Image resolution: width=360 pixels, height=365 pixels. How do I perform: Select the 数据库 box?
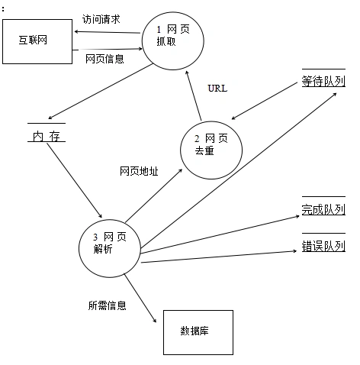[x=198, y=331]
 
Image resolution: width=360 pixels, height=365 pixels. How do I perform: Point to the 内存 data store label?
[x=46, y=137]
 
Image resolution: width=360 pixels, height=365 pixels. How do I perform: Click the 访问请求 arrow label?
[x=101, y=18]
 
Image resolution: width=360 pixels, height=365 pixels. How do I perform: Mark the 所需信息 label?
[x=108, y=305]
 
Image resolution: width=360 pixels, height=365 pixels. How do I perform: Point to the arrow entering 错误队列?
[x=221, y=256]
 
